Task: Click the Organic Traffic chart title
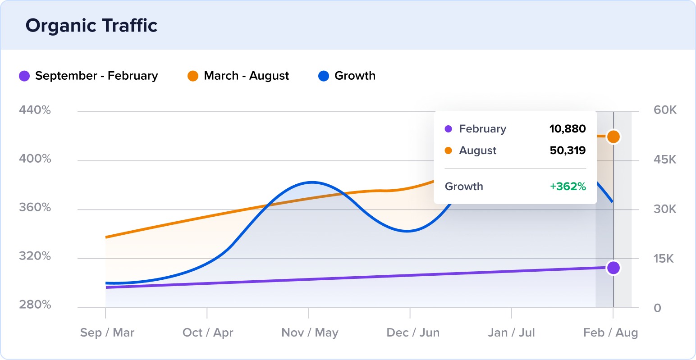92,26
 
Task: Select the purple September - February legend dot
24,76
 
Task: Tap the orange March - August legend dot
193,76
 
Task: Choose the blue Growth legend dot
324,76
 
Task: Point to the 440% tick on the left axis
35,110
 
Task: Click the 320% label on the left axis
35,256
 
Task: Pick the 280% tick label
35,305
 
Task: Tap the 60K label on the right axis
665,110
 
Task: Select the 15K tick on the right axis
664,259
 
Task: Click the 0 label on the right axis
658,308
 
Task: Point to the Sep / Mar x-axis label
107,333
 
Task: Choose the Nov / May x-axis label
310,333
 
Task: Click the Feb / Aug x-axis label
610,333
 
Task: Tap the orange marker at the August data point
613,137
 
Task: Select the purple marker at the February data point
613,268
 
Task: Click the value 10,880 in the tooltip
568,129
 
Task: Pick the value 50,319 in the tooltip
568,150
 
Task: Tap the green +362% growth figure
568,187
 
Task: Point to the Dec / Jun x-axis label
413,333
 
